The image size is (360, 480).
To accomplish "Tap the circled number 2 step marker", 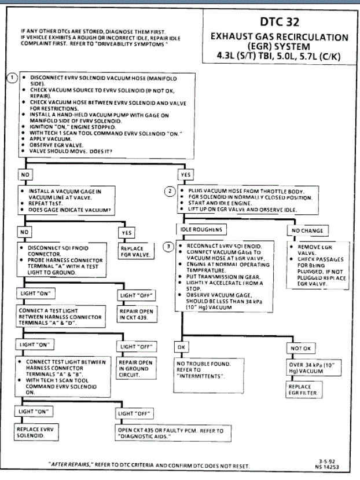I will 170,190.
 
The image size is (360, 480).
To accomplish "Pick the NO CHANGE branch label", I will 304,230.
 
